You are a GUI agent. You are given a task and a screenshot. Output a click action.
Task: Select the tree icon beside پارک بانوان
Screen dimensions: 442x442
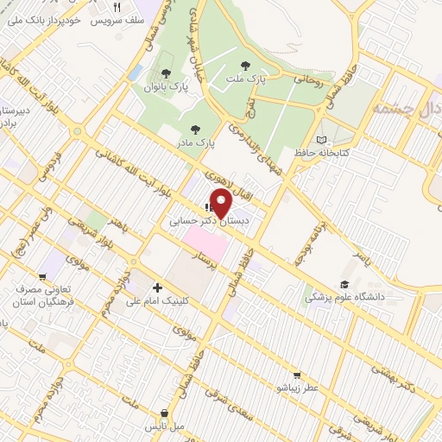coord(166,74)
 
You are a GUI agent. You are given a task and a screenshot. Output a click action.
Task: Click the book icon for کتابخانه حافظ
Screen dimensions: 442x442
coord(321,140)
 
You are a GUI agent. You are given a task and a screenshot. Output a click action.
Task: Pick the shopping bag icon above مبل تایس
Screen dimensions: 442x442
coord(164,414)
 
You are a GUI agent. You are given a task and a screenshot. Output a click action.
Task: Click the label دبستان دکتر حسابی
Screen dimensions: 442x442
coord(208,222)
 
